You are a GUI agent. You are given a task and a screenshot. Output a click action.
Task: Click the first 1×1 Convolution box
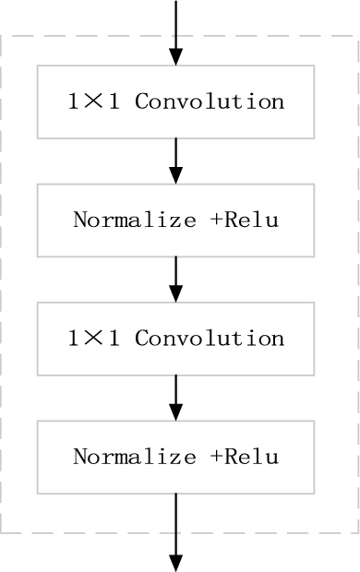pos(175,101)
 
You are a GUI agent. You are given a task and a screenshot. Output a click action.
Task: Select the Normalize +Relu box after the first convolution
pos(175,220)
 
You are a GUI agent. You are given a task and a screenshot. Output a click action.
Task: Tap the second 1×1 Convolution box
pos(175,339)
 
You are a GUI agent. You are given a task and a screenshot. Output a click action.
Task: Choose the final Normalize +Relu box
pos(175,457)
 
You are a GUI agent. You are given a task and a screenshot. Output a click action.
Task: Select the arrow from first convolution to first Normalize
pos(175,161)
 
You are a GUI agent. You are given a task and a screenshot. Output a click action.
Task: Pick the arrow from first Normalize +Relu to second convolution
pos(175,279)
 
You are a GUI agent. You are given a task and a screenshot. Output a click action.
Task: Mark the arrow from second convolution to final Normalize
pos(175,397)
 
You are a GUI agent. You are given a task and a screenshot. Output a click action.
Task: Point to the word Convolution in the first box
pos(210,101)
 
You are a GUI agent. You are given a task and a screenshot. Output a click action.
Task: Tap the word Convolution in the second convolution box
pos(210,339)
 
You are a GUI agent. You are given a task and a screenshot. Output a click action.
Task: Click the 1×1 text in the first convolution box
pos(95,101)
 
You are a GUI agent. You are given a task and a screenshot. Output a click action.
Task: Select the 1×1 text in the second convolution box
pos(95,339)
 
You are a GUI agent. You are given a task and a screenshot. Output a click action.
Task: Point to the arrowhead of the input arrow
pos(175,56)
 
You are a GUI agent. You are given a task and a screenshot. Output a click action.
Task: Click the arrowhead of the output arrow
pos(175,562)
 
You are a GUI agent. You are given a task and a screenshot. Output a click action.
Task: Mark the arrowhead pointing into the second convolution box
pos(175,292)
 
